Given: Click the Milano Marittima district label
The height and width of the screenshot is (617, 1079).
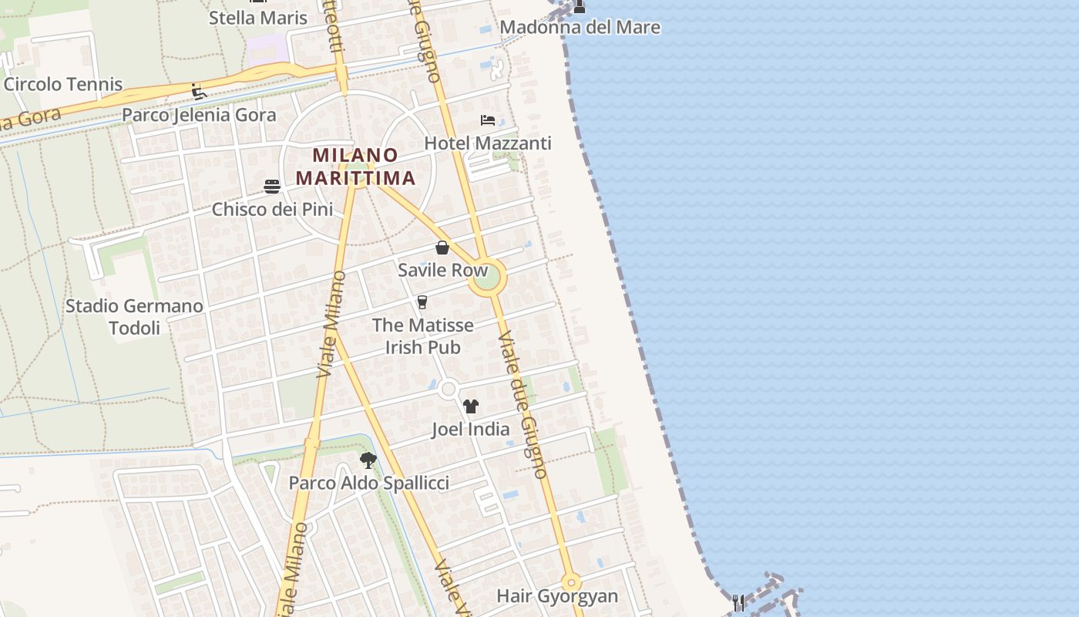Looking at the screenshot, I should pos(355,167).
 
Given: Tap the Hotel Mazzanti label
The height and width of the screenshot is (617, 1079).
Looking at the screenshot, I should pos(487,143).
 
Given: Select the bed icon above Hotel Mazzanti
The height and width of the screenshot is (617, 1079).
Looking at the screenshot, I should pos(488,120).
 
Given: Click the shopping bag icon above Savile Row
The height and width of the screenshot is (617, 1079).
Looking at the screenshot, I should pos(442,248).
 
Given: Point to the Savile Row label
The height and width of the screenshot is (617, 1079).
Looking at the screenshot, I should pos(442,271).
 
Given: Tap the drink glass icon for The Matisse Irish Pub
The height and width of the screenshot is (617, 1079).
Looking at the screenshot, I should pos(422,302).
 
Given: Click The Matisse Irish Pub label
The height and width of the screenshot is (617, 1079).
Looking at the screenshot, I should pos(423,336).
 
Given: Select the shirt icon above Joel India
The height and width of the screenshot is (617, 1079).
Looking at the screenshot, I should pos(471,406).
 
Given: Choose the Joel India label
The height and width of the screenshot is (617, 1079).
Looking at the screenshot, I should pos(470,430).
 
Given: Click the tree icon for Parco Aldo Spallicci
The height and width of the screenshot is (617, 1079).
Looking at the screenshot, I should pos(368,460).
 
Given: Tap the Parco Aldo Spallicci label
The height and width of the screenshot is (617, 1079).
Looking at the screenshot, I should pos(368,484).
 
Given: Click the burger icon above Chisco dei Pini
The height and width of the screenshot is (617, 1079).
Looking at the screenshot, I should pos(272,186).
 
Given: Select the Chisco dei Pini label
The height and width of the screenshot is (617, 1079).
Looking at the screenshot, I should pos(272,209).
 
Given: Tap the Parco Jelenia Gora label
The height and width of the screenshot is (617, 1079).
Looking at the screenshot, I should pos(199,116).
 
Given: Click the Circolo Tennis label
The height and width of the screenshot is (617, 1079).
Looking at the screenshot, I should pos(63,84).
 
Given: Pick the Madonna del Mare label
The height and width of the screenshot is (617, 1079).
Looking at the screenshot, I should pos(580,28).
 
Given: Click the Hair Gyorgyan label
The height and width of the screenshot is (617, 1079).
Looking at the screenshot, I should pos(557,596).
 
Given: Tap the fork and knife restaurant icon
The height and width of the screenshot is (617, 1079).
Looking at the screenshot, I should pos(738,602).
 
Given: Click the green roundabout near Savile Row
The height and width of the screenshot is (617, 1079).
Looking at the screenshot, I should pos(487,278).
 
